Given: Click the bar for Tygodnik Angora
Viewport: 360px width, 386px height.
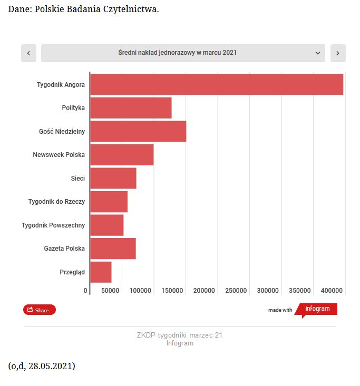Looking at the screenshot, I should pyautogui.click(x=216, y=84).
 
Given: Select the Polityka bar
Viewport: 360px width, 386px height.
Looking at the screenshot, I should pyautogui.click(x=131, y=108).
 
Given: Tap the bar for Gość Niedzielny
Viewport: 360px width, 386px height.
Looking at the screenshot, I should pyautogui.click(x=138, y=131).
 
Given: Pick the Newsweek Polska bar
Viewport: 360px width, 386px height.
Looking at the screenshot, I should pyautogui.click(x=122, y=155).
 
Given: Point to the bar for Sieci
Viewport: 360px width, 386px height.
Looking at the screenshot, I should pyautogui.click(x=113, y=178).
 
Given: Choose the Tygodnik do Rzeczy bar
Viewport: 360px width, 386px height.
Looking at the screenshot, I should pyautogui.click(x=109, y=202).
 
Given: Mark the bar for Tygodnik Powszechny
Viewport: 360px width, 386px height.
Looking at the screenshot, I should pyautogui.click(x=107, y=225).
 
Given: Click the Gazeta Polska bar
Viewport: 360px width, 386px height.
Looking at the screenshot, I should pyautogui.click(x=113, y=249).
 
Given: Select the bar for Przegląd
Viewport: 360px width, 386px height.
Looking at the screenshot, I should pyautogui.click(x=101, y=272).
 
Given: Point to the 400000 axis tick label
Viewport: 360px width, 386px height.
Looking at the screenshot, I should pyautogui.click(x=332, y=291).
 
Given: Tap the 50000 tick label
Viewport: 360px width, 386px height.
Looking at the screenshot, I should pyautogui.click(x=110, y=291).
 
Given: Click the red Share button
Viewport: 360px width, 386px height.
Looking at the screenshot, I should pyautogui.click(x=39, y=310).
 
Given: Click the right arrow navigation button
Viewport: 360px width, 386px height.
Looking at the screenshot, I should pyautogui.click(x=338, y=53).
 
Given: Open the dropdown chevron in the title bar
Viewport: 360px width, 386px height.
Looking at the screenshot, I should pyautogui.click(x=318, y=53).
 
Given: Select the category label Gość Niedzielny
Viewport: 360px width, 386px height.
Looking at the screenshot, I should pyautogui.click(x=62, y=131).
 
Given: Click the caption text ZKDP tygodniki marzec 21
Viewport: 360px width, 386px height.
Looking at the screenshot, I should pyautogui.click(x=180, y=335).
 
